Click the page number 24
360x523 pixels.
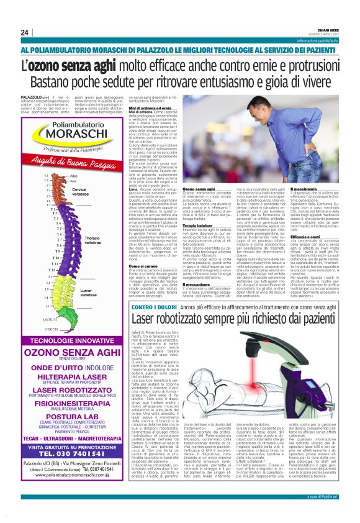point(25,32)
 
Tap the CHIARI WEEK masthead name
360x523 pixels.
point(330,28)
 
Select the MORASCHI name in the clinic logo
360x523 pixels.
point(65,134)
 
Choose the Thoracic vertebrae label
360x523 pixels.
point(91,240)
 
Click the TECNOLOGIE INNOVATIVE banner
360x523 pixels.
point(65,341)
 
